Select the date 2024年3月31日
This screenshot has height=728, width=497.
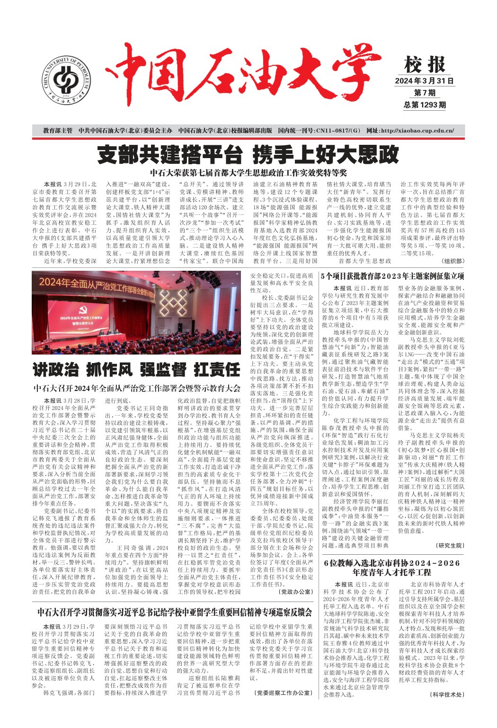tap(424, 81)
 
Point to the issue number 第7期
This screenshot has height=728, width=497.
tap(425, 93)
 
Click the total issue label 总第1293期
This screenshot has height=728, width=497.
tap(425, 105)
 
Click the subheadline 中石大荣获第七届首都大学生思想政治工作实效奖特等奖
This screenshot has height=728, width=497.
tap(248, 173)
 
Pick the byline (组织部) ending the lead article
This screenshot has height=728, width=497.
tap(453, 261)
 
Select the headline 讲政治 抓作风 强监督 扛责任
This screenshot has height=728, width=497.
tap(136, 369)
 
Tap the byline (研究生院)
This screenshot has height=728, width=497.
tap(449, 545)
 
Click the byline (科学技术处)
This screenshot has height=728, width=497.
tap(447, 694)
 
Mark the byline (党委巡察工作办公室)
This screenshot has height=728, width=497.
tap(282, 692)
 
